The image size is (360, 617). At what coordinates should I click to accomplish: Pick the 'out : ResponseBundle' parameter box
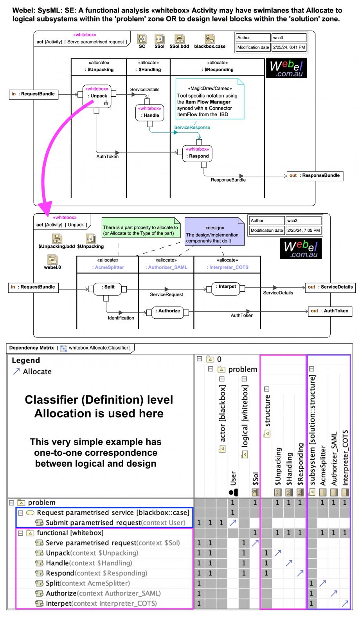click(315, 175)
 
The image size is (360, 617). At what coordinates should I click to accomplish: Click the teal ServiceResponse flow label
click(192, 127)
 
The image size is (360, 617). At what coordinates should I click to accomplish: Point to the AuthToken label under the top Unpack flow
click(107, 157)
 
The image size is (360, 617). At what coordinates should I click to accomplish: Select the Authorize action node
click(167, 312)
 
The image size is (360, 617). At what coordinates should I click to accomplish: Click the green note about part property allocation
click(140, 230)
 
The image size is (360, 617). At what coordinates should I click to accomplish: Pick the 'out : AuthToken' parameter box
click(329, 311)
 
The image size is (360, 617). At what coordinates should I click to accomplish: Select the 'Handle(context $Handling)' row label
click(89, 563)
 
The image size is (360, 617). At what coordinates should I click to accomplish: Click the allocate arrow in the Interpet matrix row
click(345, 603)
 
